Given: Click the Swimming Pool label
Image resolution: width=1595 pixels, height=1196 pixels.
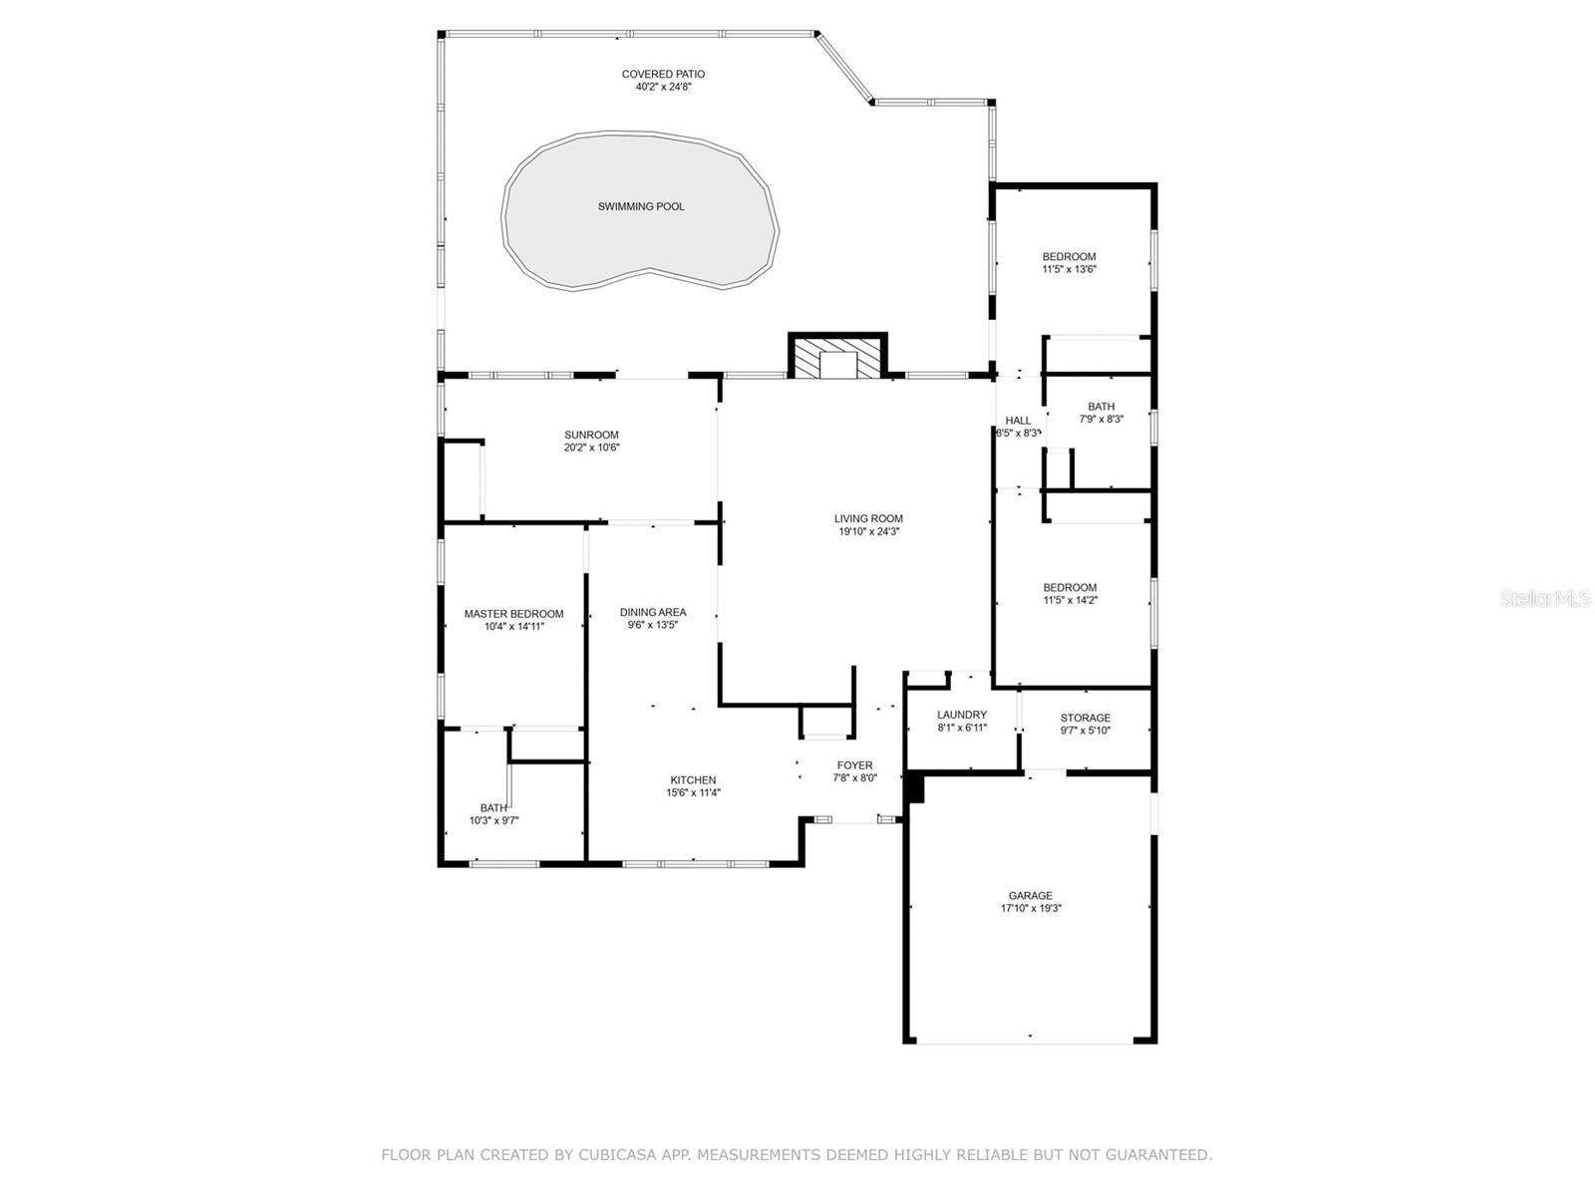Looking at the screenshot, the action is point(641,206).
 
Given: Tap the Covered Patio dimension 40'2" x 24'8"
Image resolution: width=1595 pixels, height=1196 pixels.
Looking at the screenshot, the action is point(663,87).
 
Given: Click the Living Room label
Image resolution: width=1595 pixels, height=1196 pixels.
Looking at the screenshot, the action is point(868,518).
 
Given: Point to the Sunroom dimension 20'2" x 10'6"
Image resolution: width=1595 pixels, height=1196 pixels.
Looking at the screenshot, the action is point(591,448).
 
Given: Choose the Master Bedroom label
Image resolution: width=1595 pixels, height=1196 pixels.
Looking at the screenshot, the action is point(513,614).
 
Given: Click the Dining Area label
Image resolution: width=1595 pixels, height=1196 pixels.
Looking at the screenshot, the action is point(653,612).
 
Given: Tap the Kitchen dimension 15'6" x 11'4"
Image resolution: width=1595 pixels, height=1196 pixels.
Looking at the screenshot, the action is point(693,792).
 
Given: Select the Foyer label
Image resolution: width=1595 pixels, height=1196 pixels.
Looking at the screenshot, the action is point(854,764).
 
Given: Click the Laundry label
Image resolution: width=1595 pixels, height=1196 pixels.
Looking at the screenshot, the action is point(961,715).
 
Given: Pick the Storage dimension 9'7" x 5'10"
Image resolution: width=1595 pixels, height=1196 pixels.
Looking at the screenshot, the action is point(1085,731).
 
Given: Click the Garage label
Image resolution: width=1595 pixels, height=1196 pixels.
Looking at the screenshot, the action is point(1030,895).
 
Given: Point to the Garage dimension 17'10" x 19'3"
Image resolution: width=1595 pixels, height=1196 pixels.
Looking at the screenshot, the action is point(1031,908).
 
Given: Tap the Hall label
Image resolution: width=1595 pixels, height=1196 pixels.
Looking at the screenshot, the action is point(1018,421).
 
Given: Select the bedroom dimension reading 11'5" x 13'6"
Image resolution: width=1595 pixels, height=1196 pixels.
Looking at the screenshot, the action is point(1069,269).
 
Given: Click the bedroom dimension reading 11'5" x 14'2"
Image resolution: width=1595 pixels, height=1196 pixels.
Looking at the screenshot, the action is point(1070,600).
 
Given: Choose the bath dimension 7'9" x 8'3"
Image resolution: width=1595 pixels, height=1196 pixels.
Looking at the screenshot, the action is point(1101,419).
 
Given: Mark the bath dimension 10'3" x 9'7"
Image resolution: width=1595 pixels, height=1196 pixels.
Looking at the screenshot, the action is point(493,820).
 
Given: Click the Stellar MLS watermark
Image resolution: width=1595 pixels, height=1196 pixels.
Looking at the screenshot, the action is point(1545,598).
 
